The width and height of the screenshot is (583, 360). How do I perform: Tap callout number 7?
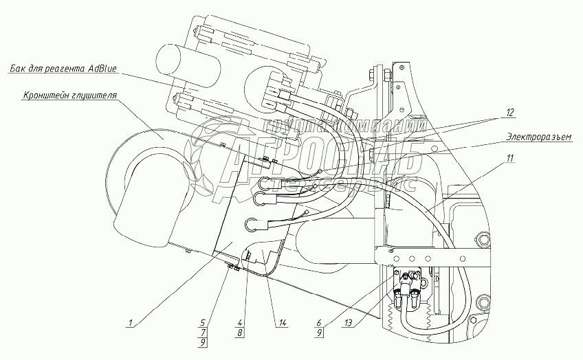[201, 331]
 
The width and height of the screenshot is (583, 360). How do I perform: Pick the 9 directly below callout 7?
[201, 341]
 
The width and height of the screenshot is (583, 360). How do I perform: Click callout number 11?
[509, 158]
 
